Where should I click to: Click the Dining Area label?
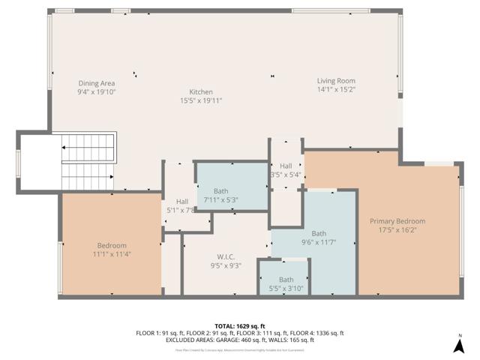pyautogui.click(x=97, y=82)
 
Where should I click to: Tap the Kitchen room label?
pyautogui.click(x=201, y=91)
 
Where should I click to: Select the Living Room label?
pyautogui.click(x=335, y=81)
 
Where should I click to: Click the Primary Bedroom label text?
pyautogui.click(x=397, y=221)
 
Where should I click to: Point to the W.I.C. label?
pyautogui.click(x=225, y=256)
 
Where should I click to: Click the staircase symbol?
pyautogui.click(x=86, y=160)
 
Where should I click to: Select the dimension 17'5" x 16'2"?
pyautogui.click(x=397, y=230)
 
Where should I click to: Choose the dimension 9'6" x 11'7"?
pyautogui.click(x=319, y=242)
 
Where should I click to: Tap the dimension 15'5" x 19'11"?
pyautogui.click(x=201, y=100)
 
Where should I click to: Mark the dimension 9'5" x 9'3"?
pyautogui.click(x=225, y=265)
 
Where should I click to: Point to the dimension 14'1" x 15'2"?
pyautogui.click(x=335, y=90)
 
